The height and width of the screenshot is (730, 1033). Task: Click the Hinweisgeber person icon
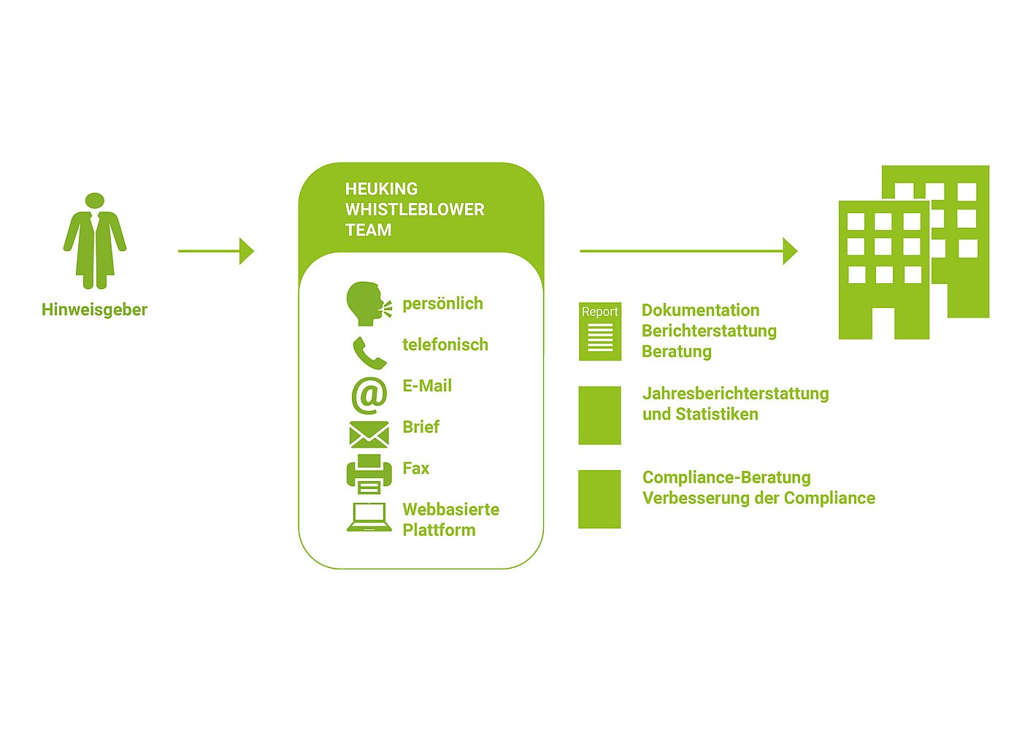[95, 241]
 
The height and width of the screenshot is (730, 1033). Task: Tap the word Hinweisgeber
[94, 310]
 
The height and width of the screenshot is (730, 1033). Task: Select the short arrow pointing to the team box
[216, 251]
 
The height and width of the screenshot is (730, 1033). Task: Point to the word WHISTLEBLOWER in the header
[415, 210]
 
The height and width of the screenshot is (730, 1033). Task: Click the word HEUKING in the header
[381, 189]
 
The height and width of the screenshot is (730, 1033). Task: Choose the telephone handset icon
[369, 353]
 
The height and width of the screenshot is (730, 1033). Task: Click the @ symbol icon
[369, 395]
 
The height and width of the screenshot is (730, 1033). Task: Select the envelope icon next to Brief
[369, 435]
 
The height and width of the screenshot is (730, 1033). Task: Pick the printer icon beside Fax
[369, 474]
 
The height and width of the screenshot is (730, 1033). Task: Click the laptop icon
[369, 517]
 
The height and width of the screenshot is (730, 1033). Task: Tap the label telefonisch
[445, 345]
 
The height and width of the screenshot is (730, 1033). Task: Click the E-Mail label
[427, 385]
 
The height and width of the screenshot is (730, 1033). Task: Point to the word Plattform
[439, 530]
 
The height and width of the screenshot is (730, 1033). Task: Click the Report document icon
[600, 331]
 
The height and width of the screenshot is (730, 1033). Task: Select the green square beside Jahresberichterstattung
[599, 415]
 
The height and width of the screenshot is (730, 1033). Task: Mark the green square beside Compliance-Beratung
[599, 499]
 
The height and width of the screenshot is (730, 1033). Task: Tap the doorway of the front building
[883, 323]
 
